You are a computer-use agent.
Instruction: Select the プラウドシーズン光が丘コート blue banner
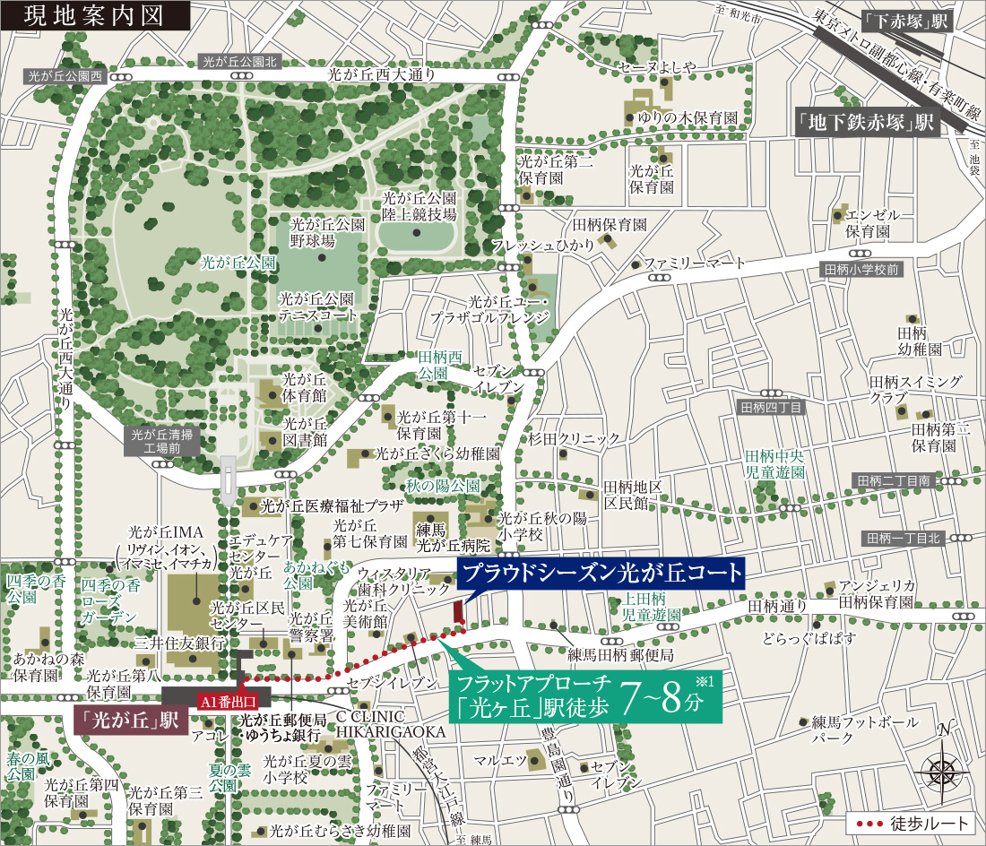pos(601,574)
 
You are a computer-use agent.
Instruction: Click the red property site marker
pos(459,612)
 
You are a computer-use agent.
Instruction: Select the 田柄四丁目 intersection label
pos(771,408)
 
